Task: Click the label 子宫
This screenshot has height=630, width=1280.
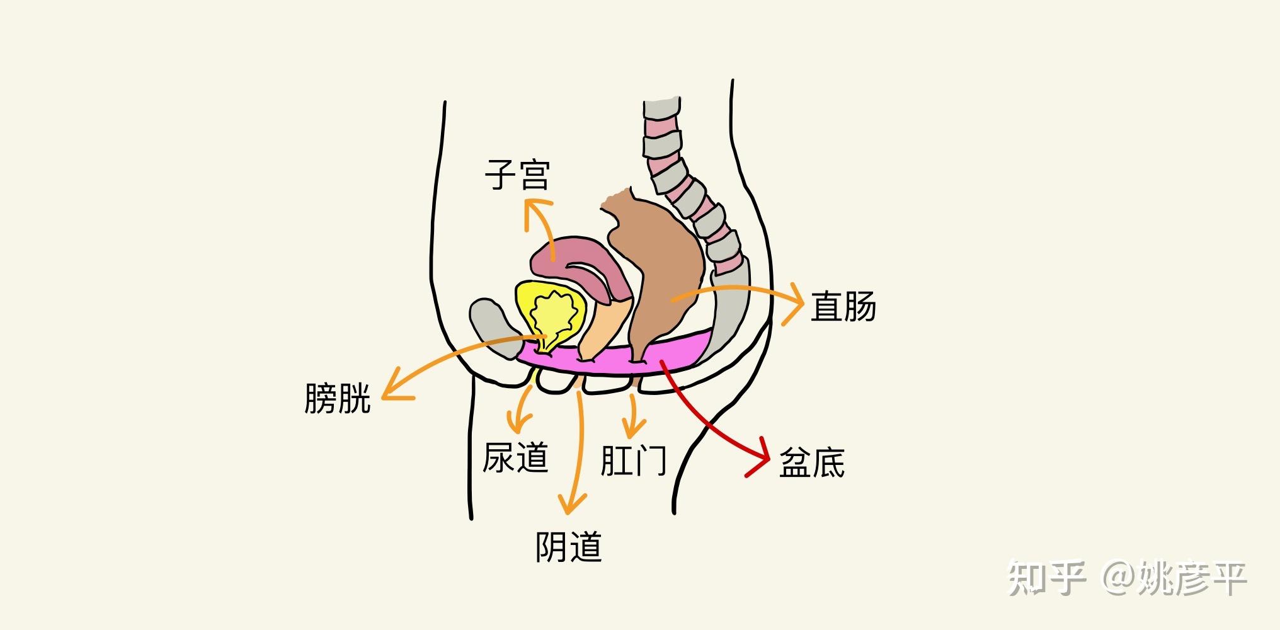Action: point(517,175)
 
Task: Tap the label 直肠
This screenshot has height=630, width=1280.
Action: point(843,307)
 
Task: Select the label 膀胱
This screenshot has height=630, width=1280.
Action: point(337,398)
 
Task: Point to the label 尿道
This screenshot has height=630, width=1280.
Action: point(515,457)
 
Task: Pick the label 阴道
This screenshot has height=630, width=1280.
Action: point(568,547)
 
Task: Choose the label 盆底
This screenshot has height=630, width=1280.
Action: point(811,463)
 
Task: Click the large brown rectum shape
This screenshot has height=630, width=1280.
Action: point(661,265)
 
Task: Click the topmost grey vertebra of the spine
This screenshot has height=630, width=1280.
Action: point(662,110)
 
